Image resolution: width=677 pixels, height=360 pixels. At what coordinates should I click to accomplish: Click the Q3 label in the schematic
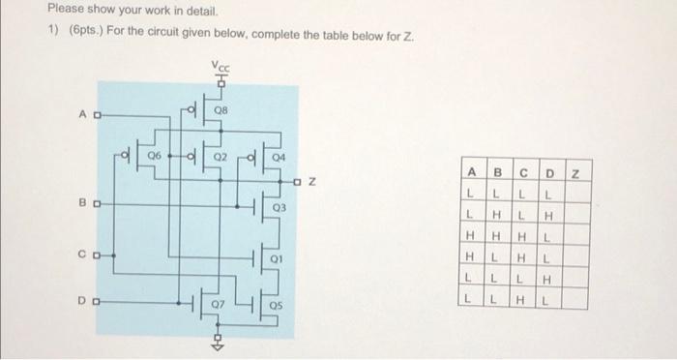(x=280, y=206)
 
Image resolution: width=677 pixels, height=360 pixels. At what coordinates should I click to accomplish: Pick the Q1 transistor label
(x=280, y=259)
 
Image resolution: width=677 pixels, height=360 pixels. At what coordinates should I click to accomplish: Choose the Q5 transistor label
(x=280, y=306)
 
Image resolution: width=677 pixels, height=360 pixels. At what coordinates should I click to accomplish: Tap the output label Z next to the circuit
(x=313, y=181)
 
